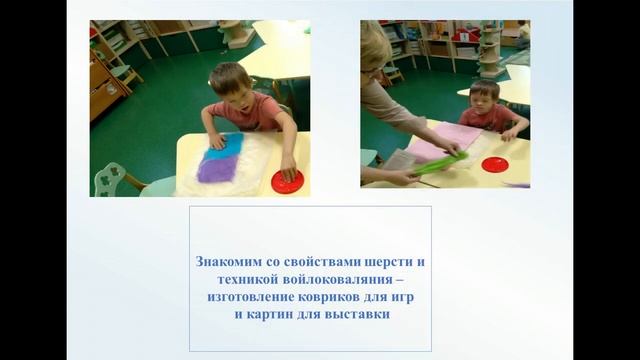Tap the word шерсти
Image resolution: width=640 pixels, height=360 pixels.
pos(392,261)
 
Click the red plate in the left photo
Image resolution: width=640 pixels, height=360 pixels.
pos(287,182)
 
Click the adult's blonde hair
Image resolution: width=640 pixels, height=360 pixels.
pos(375,50)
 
